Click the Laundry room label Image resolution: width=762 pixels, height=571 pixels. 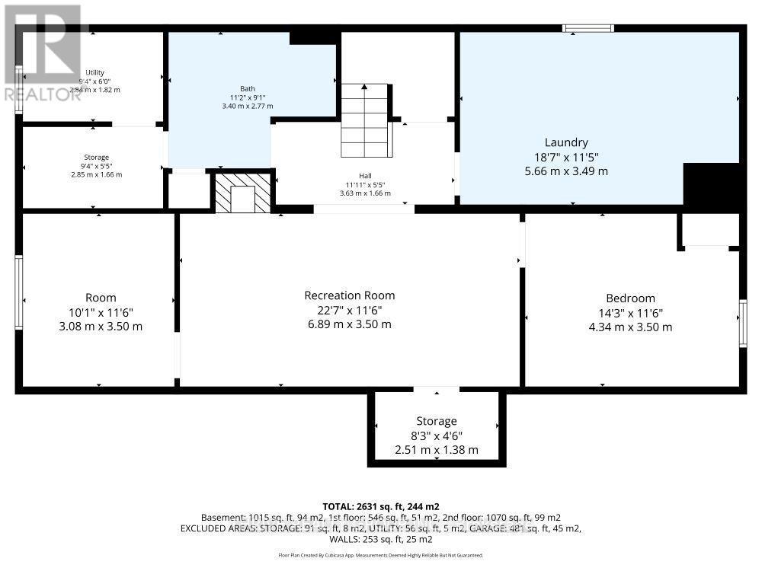pos(566,142)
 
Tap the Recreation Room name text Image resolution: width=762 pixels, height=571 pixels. pos(350,295)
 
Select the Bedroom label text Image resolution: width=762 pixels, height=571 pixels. pos(630,298)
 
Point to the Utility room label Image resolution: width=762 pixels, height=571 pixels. pos(95,72)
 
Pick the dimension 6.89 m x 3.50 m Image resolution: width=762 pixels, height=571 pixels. pos(350,324)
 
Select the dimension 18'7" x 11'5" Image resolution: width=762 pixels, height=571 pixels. pos(566,157)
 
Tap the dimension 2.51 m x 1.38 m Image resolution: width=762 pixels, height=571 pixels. pos(437,450)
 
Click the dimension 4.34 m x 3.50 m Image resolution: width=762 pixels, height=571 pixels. pos(630,327)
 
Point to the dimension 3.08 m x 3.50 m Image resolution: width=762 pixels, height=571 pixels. pos(101,327)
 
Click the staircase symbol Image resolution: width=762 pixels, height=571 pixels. pos(365,120)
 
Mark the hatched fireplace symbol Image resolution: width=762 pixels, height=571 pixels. pos(243,193)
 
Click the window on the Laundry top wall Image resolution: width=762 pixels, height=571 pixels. pos(588,29)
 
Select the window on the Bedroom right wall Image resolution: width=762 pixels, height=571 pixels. pos(743,323)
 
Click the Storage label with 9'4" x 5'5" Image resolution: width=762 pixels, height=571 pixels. pos(96,157)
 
